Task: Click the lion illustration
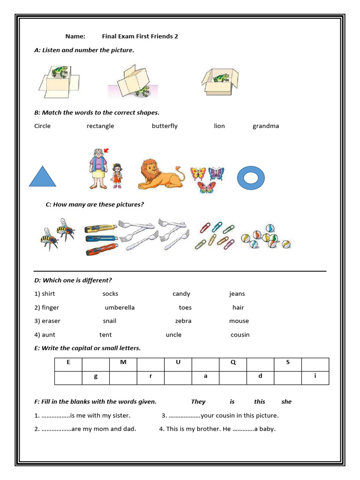tap(161, 174)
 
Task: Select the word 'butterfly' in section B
tap(165, 126)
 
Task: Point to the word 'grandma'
tap(265, 126)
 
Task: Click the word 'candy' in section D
tap(181, 294)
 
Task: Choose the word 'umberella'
tap(120, 307)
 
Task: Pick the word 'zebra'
tap(183, 321)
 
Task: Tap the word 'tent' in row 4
tap(105, 335)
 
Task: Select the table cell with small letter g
tap(96, 376)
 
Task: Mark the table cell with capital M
tap(123, 362)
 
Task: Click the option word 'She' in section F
tap(286, 402)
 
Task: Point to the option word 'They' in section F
tap(198, 402)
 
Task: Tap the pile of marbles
tap(265, 235)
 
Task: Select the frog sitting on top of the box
tap(60, 72)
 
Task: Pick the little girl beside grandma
tap(116, 175)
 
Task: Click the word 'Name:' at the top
tap(75, 36)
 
